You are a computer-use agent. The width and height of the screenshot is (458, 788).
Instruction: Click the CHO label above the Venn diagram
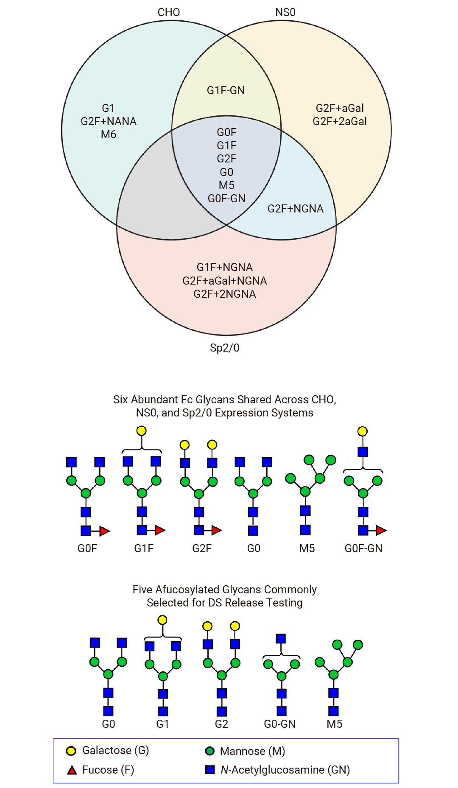169,12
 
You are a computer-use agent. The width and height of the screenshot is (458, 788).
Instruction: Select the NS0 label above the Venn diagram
285,12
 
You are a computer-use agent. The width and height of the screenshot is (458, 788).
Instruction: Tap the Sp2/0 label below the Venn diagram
225,348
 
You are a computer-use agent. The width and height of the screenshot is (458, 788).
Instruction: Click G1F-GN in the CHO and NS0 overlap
226,90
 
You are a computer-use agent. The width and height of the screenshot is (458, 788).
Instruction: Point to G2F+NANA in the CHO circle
109,121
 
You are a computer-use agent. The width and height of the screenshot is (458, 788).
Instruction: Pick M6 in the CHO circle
109,134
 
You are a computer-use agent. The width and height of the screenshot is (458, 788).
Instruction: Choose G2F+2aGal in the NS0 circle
340,121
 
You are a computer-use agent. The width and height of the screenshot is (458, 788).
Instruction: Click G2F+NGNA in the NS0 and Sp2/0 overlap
296,209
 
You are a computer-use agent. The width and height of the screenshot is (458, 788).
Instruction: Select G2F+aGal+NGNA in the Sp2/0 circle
225,281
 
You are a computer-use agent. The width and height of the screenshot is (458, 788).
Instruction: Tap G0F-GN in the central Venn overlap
226,198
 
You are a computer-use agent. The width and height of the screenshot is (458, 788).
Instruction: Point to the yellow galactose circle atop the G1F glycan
141,431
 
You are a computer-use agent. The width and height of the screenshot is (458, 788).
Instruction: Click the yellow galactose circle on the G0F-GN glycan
363,431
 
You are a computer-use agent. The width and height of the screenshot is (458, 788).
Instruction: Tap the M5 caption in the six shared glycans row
307,548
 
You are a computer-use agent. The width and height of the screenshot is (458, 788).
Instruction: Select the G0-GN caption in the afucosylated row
280,724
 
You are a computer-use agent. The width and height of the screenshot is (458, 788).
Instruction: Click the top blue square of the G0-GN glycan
281,639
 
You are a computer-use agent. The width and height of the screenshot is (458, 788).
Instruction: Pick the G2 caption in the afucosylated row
222,724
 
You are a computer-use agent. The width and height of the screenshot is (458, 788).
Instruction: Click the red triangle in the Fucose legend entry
72,770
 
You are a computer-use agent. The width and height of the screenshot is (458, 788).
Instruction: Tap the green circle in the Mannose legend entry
209,751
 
